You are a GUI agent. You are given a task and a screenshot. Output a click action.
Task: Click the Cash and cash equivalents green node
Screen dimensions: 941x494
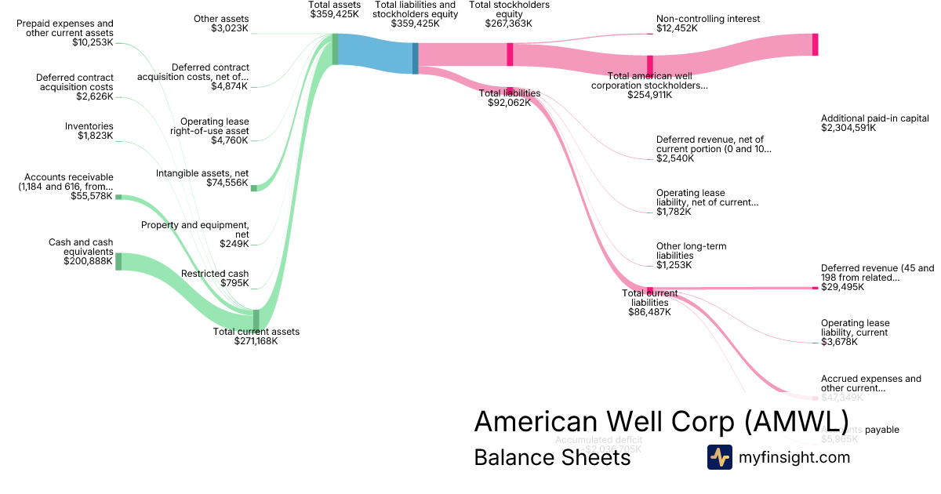[x=118, y=261]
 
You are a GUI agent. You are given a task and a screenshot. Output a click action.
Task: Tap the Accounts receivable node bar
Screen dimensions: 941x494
[x=118, y=197]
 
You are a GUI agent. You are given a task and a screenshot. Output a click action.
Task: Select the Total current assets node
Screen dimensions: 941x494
[x=256, y=320]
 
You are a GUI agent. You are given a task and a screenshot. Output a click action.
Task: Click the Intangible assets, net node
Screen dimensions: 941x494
[x=253, y=188]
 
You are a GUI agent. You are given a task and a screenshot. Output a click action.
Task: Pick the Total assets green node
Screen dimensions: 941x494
[x=335, y=49]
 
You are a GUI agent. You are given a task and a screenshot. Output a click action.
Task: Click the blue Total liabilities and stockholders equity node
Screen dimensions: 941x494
[x=416, y=58]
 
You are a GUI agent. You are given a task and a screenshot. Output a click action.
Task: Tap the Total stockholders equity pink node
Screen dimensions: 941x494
[x=510, y=54]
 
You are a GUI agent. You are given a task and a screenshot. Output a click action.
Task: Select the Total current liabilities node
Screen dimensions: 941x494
[x=649, y=289]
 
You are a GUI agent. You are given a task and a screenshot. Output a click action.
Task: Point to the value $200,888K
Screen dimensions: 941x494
[x=88, y=261]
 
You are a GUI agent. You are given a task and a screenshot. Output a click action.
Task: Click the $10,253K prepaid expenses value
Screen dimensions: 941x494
[x=93, y=42]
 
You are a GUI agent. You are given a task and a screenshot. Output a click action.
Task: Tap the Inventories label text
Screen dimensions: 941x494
[x=89, y=126]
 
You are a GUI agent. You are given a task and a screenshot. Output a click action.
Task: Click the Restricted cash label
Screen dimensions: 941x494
[x=215, y=274]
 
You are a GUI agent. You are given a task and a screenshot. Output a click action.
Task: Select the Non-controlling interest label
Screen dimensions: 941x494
[x=708, y=19]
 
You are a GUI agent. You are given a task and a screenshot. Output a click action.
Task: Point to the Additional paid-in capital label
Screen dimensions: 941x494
[x=874, y=118]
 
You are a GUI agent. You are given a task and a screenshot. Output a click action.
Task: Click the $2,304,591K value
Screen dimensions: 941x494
[x=848, y=127]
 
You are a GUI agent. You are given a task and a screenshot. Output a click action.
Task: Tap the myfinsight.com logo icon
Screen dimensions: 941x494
[x=719, y=457]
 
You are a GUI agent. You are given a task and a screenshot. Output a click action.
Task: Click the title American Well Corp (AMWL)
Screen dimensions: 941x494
[x=661, y=421]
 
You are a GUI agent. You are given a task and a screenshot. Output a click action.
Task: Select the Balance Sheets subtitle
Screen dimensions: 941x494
[x=552, y=457]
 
